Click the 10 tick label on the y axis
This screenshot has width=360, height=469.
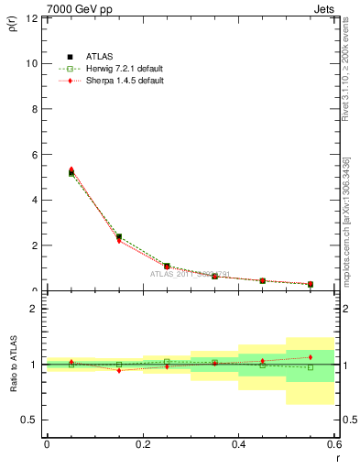click(x=32, y=63)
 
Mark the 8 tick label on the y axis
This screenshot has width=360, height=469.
click(x=35, y=109)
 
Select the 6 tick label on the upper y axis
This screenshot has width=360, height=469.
click(x=35, y=155)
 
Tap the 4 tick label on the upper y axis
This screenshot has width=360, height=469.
click(x=35, y=200)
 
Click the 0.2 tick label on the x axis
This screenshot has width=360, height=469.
click(x=142, y=443)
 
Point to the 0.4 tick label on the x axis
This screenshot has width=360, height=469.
click(x=238, y=443)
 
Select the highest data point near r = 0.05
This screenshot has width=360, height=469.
click(x=71, y=169)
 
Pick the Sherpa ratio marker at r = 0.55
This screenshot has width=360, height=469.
click(x=311, y=357)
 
